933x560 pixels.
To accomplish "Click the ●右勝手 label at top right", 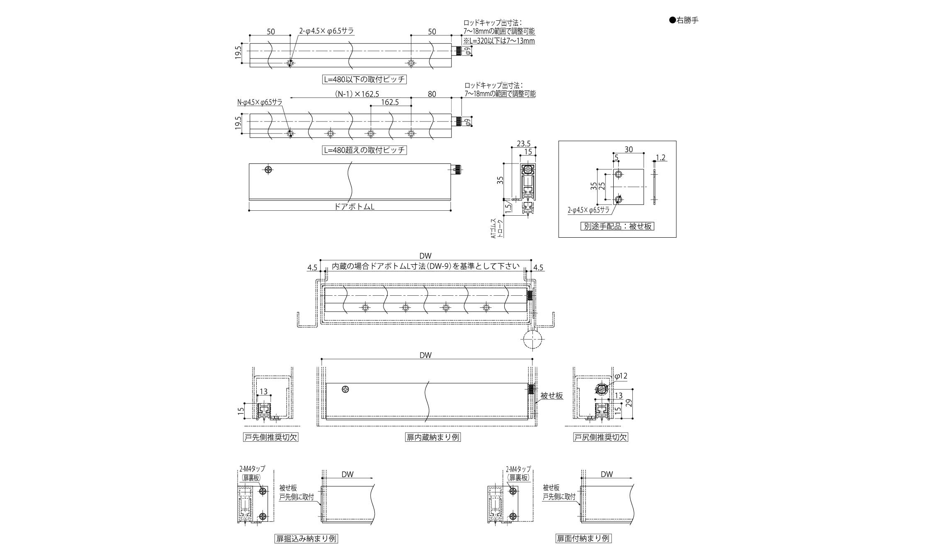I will [684, 20].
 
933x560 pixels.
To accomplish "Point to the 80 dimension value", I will [432, 94].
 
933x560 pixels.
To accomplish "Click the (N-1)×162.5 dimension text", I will [357, 94].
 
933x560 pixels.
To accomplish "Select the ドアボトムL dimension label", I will [354, 207].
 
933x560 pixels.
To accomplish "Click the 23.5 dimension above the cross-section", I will [523, 144].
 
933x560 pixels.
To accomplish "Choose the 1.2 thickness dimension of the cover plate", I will [661, 158].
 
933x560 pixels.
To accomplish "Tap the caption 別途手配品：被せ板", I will [617, 226].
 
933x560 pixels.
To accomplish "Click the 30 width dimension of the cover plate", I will [628, 149].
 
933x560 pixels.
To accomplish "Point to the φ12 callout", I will [620, 376].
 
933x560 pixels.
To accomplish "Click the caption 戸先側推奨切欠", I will [270, 437].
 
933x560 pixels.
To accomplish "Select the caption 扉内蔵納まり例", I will [433, 437].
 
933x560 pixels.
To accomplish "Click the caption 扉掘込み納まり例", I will [306, 539].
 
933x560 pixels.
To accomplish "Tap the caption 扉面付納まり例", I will [583, 539].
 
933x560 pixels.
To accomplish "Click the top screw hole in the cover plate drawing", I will [618, 175].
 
